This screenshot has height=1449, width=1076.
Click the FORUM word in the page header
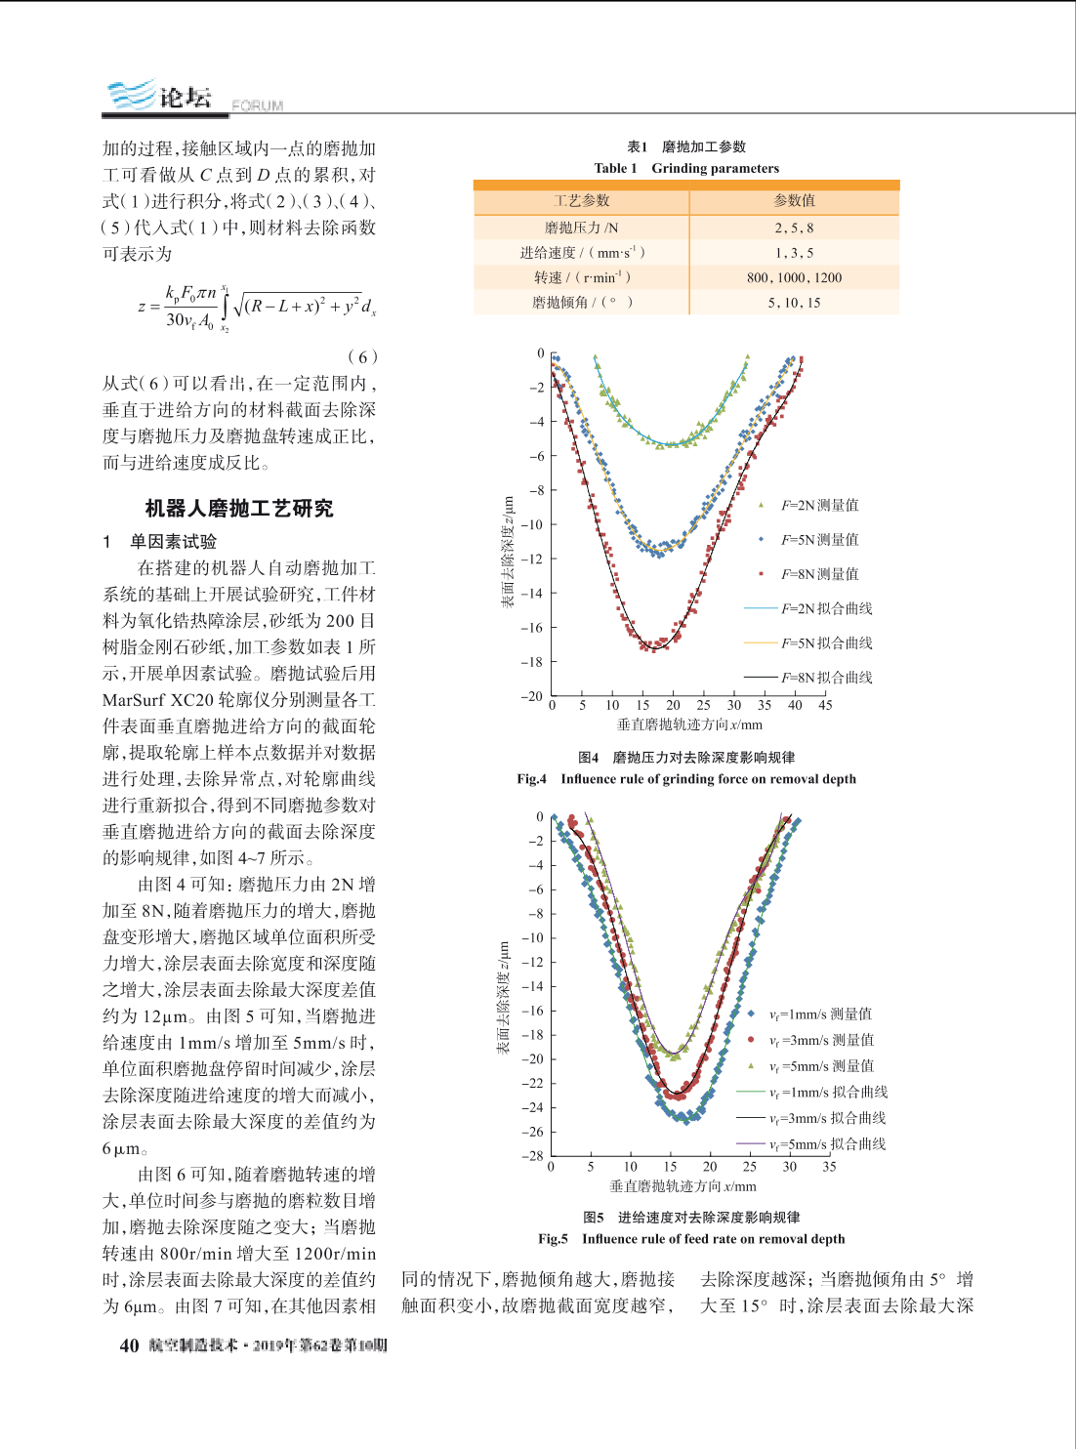257,105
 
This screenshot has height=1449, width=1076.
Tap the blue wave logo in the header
132,95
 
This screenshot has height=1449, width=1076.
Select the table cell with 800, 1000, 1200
794,277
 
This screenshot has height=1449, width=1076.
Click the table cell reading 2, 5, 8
794,228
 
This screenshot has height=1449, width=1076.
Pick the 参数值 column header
794,200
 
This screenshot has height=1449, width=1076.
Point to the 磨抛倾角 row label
581,303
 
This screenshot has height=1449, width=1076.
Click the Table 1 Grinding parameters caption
686,169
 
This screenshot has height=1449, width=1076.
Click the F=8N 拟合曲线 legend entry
808,678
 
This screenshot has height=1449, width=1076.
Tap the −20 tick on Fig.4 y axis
532,696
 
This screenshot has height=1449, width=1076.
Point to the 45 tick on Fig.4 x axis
825,705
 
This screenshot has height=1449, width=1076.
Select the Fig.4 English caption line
686,779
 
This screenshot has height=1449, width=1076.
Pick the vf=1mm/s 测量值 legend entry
810,1014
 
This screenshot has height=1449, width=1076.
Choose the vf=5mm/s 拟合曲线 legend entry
811,1143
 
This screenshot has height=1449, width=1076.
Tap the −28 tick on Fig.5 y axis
532,1156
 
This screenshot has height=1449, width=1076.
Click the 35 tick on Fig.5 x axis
829,1166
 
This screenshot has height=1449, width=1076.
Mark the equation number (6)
362,356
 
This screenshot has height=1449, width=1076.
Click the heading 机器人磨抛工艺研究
239,509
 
